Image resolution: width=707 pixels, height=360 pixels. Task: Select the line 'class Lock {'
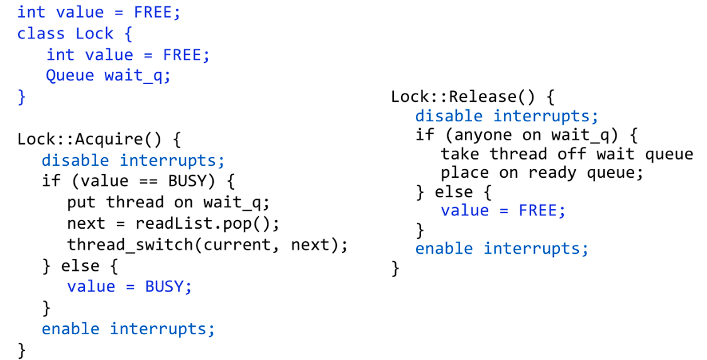75,33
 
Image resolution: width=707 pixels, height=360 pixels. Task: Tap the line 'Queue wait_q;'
108,75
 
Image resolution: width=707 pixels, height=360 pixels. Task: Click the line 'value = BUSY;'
129,286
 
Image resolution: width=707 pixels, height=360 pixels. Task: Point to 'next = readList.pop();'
173,223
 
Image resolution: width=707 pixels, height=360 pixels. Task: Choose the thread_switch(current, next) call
207,244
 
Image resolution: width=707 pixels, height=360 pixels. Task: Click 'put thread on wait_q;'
168,202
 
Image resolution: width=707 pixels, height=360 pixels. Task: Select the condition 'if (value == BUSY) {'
138,182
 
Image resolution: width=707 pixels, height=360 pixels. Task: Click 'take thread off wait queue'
567,155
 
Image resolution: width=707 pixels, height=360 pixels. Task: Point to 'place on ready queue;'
542,173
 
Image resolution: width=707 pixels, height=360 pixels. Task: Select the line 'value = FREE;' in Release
503,210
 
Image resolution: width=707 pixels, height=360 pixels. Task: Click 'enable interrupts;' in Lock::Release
501,249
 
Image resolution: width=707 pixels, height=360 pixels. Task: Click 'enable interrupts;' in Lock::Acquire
128,329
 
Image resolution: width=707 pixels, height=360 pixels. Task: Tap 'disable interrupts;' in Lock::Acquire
133,160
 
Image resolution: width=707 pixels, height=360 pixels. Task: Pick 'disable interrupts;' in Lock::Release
507,116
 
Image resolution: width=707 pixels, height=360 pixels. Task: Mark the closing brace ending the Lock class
22,97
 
